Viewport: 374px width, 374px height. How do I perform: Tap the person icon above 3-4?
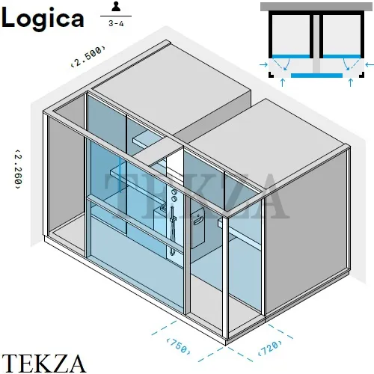tap(116, 7)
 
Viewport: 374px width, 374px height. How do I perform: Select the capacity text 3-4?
tap(116, 23)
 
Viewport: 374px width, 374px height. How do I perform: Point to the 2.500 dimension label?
tap(88, 56)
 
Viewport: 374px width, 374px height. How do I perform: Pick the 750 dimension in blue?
tap(179, 346)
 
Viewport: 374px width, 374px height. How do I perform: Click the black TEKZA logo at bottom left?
tap(43, 363)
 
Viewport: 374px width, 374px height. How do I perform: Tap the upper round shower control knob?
tap(174, 191)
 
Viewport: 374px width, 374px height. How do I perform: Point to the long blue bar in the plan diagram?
tap(316, 76)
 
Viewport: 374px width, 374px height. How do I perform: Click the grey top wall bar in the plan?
tap(316, 7)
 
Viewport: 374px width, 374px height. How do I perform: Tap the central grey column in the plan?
tap(316, 44)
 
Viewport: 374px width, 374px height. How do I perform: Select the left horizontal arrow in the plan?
tap(263, 65)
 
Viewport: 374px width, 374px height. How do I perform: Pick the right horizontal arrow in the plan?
tap(370, 65)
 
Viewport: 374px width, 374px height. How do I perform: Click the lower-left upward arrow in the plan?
tap(283, 82)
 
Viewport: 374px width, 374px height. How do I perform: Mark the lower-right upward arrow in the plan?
tap(351, 82)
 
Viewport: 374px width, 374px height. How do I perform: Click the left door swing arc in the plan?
tap(287, 64)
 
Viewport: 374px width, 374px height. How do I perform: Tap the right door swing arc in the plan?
tap(346, 64)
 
